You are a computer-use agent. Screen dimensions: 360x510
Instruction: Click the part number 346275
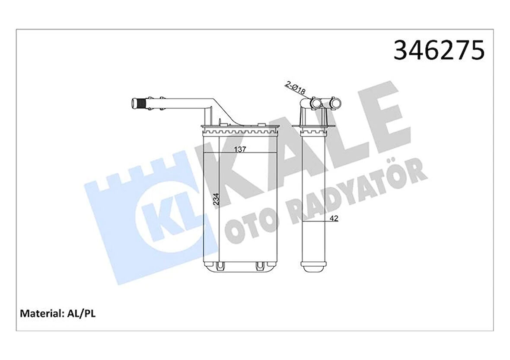(439, 51)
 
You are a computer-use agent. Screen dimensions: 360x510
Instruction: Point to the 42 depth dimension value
(333, 219)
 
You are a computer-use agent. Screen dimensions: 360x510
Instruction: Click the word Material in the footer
(40, 313)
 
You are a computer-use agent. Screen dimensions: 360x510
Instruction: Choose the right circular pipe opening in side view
(335, 104)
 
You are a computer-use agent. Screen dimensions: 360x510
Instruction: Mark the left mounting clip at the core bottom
(220, 265)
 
